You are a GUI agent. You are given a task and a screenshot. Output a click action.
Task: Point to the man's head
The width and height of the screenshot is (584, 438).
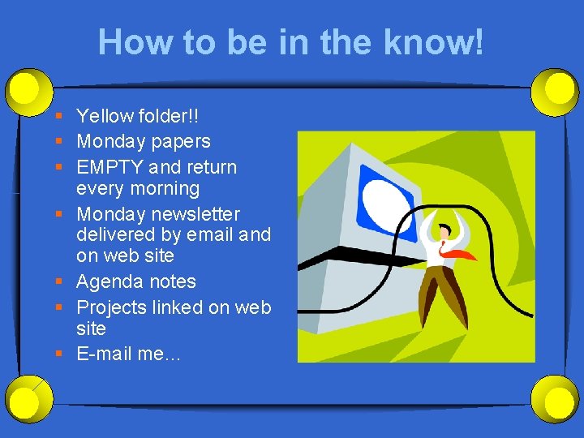point(443,231)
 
